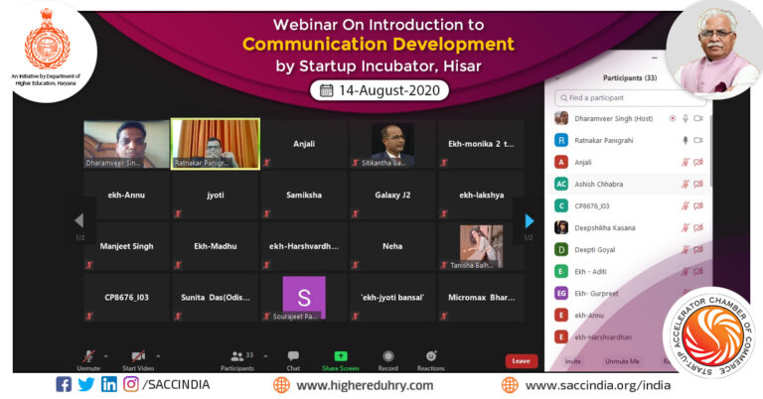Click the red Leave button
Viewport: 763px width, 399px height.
521,361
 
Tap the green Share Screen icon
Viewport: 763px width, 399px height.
341,356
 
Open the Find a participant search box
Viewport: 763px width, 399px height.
631,98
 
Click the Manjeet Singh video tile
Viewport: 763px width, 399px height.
127,245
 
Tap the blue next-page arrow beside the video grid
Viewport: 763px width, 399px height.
530,221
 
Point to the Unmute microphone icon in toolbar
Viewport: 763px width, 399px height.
88,355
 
